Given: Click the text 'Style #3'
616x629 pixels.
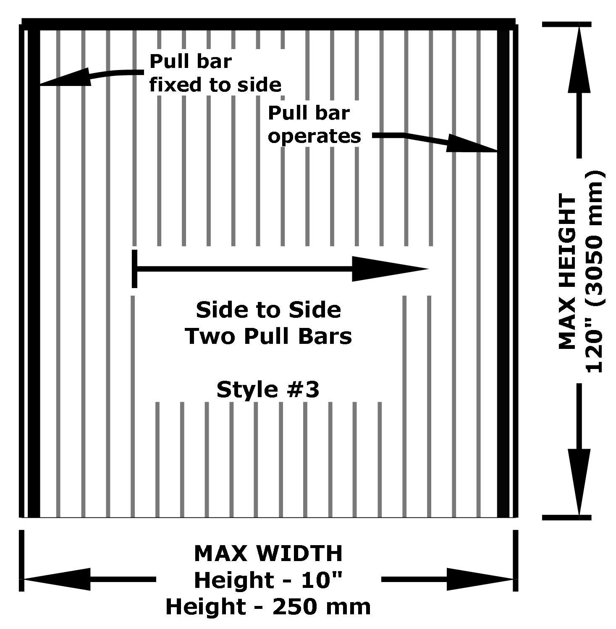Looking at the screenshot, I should (x=268, y=390).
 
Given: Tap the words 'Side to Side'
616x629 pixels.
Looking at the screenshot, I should (x=268, y=310).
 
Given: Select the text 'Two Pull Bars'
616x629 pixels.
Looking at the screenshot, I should (x=268, y=336).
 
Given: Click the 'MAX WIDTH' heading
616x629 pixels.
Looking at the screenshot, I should (x=268, y=554).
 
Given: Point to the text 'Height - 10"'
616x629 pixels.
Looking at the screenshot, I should (x=268, y=580).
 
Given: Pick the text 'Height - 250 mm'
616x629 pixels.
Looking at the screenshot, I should (x=268, y=607).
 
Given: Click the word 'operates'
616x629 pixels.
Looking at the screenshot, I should (x=315, y=136).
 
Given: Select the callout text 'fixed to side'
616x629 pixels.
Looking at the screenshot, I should (x=215, y=85).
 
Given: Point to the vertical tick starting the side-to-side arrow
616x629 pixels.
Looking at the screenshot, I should (x=134, y=269).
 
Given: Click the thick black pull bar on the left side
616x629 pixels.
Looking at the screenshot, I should (x=34, y=273).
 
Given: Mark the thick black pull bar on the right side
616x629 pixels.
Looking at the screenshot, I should (x=503, y=273).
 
